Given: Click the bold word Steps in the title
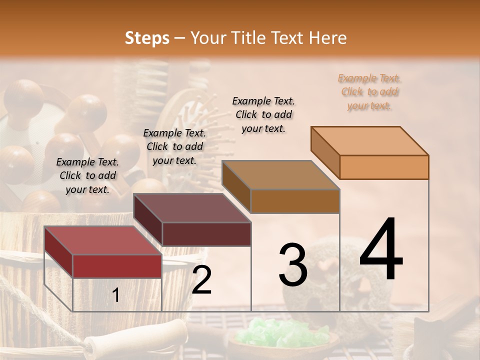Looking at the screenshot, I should point(147,38).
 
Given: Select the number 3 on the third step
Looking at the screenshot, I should point(292,265).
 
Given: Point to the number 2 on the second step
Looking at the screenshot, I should point(201,280).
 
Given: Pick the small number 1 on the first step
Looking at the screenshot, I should point(115,296).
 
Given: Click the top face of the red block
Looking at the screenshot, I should point(102,240).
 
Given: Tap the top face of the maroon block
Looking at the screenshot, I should point(191,208).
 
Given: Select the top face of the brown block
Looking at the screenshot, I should point(280,175).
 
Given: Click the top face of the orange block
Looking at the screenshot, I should point(369,141).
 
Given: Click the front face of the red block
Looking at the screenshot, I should point(117,266).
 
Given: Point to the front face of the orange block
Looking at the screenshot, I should point(384,167).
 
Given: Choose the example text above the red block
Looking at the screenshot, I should point(87,175).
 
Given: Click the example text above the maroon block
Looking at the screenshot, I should point(174,146).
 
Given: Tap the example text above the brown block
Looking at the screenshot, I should point(263,114).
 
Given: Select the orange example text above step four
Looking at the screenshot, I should point(369,91).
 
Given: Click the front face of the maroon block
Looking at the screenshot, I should point(206,233).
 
